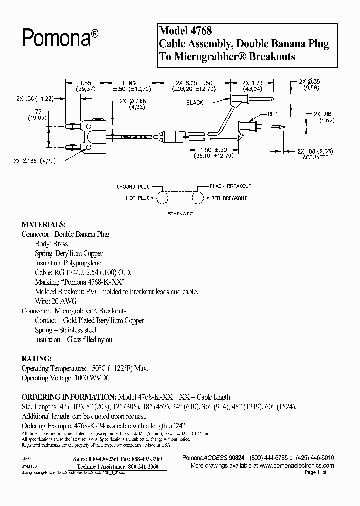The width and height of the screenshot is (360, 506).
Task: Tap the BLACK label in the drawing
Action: pyautogui.click(x=194, y=103)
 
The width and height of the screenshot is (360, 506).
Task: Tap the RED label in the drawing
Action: pyautogui.click(x=272, y=114)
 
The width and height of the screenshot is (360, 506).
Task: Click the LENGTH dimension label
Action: pyautogui.click(x=133, y=83)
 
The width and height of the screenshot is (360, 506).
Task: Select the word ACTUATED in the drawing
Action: pyautogui.click(x=316, y=157)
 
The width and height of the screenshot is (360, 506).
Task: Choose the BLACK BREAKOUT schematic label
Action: pyautogui.click(x=231, y=186)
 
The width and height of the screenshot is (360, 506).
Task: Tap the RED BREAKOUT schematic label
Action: pyautogui.click(x=228, y=198)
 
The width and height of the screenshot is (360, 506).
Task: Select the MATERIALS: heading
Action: pyautogui.click(x=44, y=224)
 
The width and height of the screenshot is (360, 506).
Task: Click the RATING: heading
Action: pyautogui.click(x=36, y=359)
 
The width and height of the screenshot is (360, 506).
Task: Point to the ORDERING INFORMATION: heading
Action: pyautogui.click(x=68, y=395)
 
